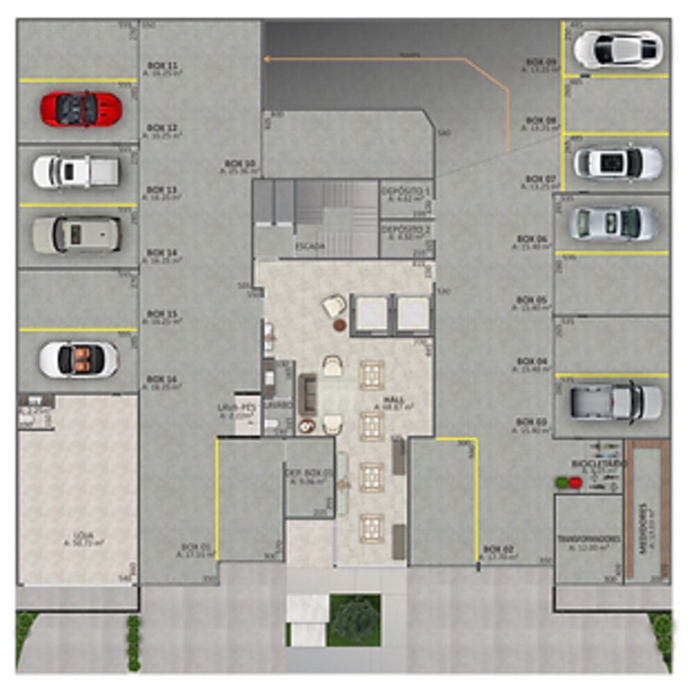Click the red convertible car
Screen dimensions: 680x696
(81, 109)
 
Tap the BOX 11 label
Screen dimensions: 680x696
(162, 65)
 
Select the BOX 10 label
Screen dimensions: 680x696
(239, 164)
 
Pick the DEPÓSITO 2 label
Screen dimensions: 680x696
(405, 230)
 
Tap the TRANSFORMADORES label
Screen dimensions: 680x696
(589, 540)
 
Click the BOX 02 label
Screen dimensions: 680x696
(498, 549)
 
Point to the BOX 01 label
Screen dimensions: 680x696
(196, 547)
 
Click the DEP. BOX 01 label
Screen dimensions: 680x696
(310, 473)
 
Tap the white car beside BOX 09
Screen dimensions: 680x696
(617, 49)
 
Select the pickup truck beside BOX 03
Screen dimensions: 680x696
(616, 402)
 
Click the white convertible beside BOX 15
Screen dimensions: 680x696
(79, 359)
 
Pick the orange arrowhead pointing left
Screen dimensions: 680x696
(268, 59)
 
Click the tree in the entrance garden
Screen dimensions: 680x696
(355, 619)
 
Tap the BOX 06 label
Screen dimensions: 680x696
(532, 239)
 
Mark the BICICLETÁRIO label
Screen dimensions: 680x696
(591, 462)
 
